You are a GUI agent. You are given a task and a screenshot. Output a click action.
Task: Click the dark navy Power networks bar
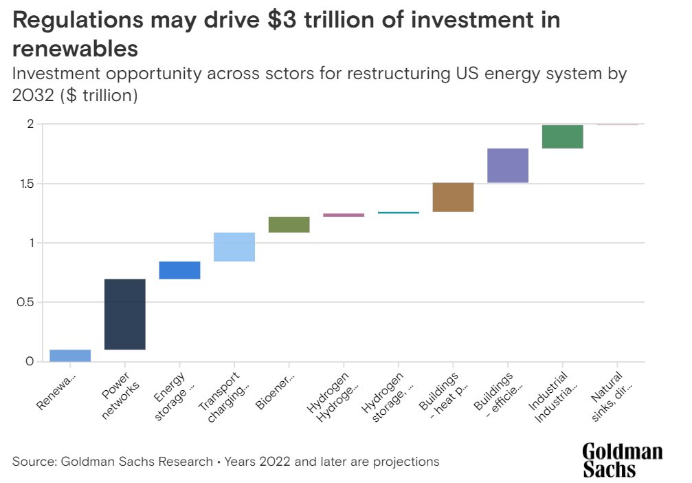click(124, 314)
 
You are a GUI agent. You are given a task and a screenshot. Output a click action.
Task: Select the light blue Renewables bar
click(70, 355)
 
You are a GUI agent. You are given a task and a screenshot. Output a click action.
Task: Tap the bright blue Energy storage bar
click(179, 270)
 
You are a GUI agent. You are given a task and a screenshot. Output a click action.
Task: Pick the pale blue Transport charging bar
click(234, 247)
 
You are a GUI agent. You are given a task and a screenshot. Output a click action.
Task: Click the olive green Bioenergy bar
click(289, 224)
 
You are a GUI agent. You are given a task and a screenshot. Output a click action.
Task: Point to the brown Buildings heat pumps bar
click(453, 197)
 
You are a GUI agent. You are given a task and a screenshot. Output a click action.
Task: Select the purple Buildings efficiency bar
click(507, 165)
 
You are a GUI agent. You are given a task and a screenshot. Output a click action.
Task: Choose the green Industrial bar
click(562, 136)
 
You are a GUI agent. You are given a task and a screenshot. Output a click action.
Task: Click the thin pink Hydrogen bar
click(344, 215)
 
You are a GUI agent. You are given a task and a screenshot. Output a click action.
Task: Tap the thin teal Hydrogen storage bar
click(398, 213)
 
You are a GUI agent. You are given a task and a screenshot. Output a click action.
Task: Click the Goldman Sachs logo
click(622, 460)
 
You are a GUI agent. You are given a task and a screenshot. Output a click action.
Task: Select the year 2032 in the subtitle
click(34, 96)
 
